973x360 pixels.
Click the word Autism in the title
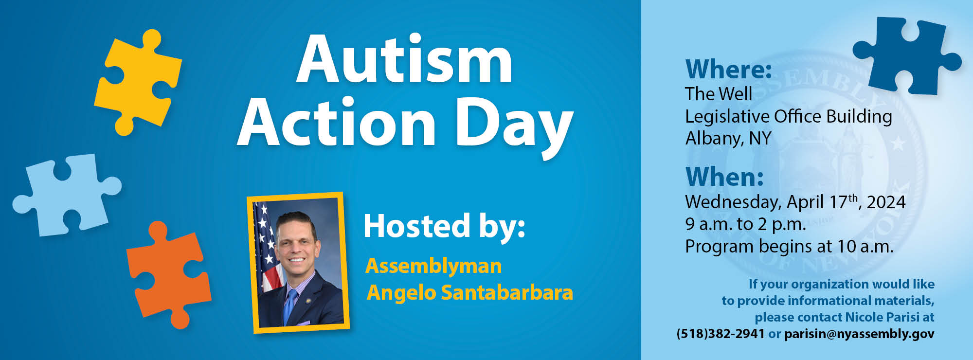pyautogui.click(x=404, y=60)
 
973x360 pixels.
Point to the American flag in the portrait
pyautogui.click(x=267, y=248)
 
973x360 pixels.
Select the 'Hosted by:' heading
pyautogui.click(x=445, y=227)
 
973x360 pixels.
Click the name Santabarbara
pyautogui.click(x=507, y=292)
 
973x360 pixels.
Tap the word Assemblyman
pyautogui.click(x=433, y=267)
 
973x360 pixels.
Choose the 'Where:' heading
pyautogui.click(x=728, y=69)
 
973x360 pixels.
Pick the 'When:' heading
pyautogui.click(x=724, y=177)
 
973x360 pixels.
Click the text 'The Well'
pyautogui.click(x=719, y=94)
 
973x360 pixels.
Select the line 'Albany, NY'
pyautogui.click(x=728, y=139)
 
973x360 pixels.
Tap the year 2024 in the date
pyautogui.click(x=886, y=202)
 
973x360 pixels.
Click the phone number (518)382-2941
pyautogui.click(x=721, y=334)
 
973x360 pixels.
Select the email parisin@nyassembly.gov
pyautogui.click(x=859, y=334)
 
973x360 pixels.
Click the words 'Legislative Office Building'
pyautogui.click(x=789, y=117)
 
